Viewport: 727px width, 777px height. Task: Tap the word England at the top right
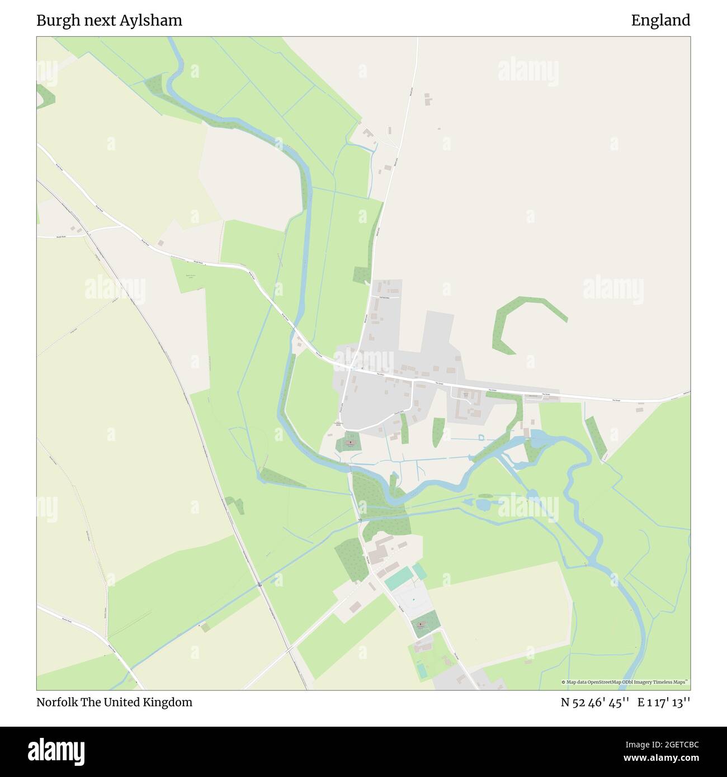(x=660, y=21)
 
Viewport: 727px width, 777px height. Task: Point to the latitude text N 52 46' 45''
(x=596, y=702)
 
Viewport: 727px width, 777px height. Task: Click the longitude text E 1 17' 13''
(x=664, y=702)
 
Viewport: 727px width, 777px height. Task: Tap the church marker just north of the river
(x=350, y=443)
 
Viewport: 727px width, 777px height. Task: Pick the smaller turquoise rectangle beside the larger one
(x=419, y=571)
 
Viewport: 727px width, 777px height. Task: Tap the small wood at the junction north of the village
(x=362, y=275)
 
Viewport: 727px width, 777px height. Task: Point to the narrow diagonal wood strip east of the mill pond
(x=596, y=436)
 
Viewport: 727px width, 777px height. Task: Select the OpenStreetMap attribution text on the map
(x=625, y=682)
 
